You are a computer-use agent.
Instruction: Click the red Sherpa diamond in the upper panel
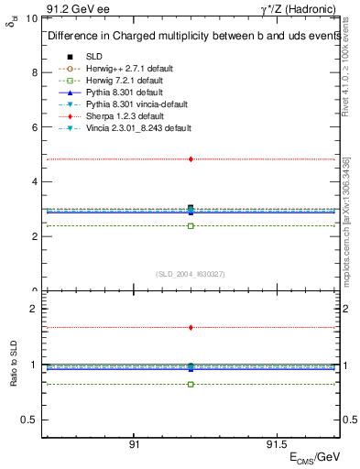pyautogui.click(x=191, y=159)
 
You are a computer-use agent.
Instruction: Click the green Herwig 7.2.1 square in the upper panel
pyautogui.click(x=191, y=225)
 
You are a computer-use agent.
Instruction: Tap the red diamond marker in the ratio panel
pyautogui.click(x=191, y=327)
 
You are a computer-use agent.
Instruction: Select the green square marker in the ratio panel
pyautogui.click(x=191, y=384)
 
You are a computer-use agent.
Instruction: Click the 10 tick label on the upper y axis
pyautogui.click(x=30, y=18)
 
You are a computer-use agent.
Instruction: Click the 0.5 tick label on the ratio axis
pyautogui.click(x=28, y=420)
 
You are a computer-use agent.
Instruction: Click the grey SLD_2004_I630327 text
pyautogui.click(x=191, y=274)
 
